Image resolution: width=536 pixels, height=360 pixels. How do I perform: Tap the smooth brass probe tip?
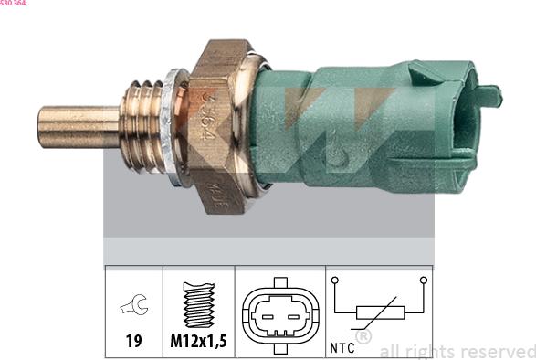77,127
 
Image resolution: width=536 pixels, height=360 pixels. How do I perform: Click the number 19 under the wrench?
133,342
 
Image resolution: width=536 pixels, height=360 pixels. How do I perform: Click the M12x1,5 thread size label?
198,342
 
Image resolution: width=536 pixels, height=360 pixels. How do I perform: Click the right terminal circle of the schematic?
423,279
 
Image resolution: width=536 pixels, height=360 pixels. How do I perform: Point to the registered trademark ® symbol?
363,337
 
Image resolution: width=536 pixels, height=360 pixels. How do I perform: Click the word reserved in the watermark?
497,351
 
